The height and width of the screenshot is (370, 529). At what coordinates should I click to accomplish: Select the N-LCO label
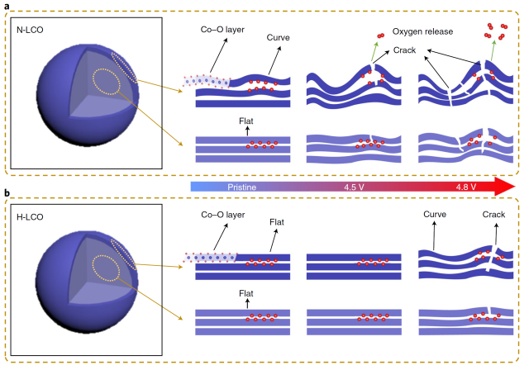[31, 31]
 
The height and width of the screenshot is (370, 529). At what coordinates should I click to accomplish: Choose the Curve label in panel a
[279, 38]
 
